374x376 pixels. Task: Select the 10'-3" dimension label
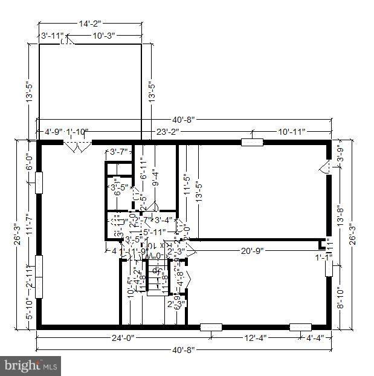105,36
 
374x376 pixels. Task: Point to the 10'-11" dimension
291,131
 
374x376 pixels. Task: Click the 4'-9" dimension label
55,131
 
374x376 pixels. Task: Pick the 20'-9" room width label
253,251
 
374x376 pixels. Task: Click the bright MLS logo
31,365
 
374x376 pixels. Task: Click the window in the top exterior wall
251,143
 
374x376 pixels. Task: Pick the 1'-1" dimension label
324,257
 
